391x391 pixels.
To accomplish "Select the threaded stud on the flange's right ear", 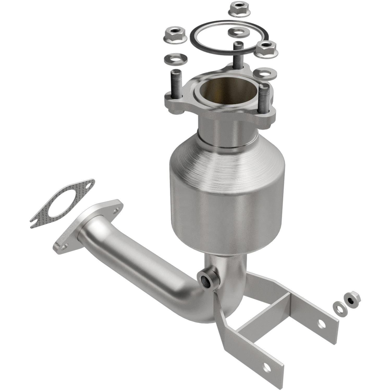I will click(x=265, y=99).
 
